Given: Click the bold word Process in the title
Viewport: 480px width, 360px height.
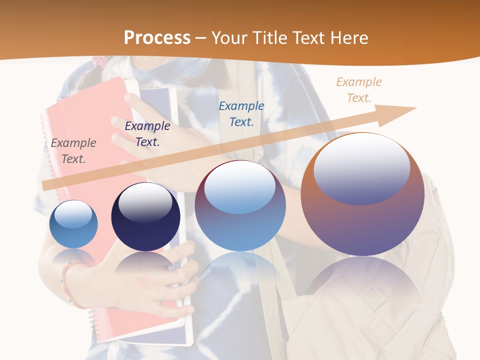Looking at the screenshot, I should pos(157,38).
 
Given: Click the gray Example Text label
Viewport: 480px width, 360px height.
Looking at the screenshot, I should pos(73,151).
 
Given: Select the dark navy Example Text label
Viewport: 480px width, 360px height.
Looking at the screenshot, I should pos(147,134).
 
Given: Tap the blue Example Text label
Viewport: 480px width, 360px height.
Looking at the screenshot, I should pos(241,113).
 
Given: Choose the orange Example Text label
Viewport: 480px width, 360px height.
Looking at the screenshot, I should pos(358,90).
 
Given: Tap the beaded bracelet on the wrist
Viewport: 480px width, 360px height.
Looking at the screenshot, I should pos(67,282).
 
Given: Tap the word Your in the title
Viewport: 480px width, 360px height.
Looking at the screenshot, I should pos(229,38).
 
